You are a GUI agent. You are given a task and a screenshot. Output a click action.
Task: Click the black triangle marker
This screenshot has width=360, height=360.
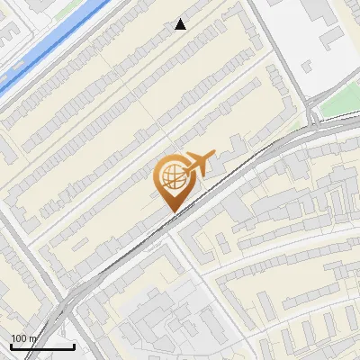tap(181, 24)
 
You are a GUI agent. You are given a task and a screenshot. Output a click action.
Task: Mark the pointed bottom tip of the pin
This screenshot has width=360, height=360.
tap(172, 211)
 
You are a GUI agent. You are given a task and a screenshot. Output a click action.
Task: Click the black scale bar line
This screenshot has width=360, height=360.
tap(41, 346)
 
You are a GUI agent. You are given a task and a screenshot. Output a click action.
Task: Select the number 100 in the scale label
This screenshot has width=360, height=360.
tap(19, 338)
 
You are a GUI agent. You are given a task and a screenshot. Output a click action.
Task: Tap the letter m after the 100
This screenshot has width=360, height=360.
tap(31, 338)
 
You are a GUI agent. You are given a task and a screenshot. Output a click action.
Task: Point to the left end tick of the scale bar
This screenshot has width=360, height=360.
tap(11, 345)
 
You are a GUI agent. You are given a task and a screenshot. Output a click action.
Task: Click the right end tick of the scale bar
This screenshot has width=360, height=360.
tap(73, 345)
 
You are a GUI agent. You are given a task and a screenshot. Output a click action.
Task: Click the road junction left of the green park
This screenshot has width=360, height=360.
tap(310, 115)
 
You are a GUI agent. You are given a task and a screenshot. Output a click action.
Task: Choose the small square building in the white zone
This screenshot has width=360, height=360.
tap(310, 66)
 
